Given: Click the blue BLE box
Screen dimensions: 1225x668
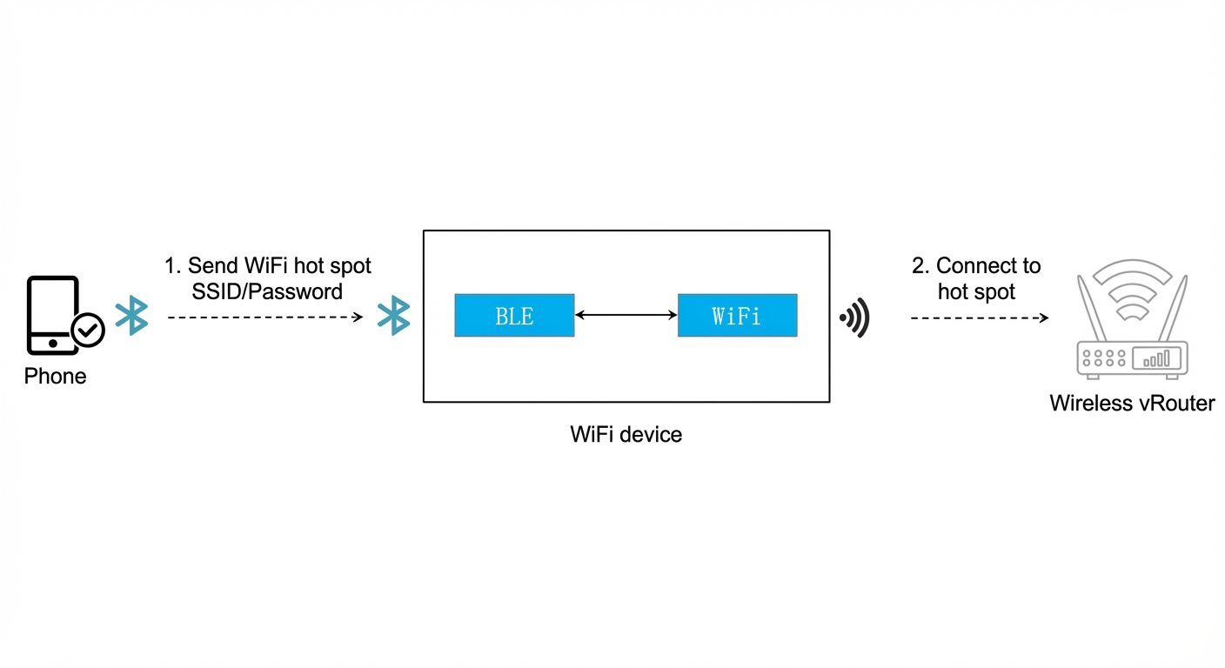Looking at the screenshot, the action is tap(514, 316).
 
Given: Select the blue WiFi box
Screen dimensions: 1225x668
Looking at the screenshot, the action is tap(737, 316).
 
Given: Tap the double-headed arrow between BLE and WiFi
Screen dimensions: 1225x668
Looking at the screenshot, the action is tap(626, 315).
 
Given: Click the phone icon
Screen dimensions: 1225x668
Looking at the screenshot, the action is tap(53, 316).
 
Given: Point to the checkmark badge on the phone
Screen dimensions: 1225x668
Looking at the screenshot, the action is tap(88, 330).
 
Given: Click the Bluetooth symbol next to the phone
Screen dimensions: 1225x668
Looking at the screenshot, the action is tap(131, 316).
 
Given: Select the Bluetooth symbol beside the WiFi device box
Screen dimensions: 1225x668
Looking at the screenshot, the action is tap(394, 316).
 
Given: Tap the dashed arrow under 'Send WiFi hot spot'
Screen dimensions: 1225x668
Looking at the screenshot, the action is tap(265, 317).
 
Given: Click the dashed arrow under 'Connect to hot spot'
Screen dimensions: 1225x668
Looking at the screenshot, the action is tap(980, 317).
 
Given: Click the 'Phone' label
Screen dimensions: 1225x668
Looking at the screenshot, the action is tap(55, 376).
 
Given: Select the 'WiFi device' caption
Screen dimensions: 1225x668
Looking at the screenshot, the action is tap(626, 435).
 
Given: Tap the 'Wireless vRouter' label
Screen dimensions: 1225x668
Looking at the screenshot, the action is tap(1132, 404).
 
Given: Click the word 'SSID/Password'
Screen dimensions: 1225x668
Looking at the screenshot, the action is tap(267, 291).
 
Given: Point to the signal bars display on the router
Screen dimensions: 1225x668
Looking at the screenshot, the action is tap(1156, 358).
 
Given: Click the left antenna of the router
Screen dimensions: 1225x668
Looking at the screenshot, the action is tap(1092, 309).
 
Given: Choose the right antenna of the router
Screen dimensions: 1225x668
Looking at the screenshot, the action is tap(1174, 309).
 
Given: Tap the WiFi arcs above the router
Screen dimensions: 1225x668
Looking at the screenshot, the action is tap(1132, 291).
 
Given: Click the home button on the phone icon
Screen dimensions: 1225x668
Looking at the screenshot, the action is tap(53, 344).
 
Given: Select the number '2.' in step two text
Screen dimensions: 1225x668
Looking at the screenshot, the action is tap(921, 265).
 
